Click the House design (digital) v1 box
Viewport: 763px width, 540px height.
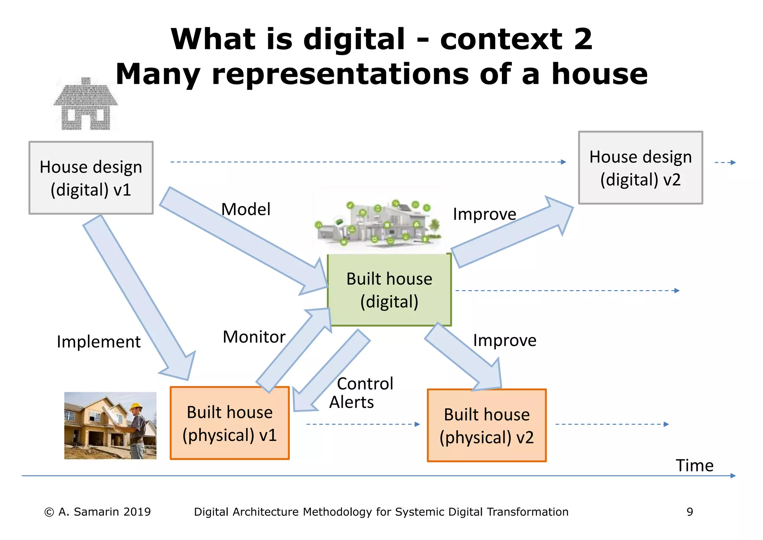(x=91, y=178)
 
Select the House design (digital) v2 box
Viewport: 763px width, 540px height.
(x=640, y=168)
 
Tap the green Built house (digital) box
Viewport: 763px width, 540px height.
(x=389, y=290)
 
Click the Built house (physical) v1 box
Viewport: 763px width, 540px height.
(x=229, y=423)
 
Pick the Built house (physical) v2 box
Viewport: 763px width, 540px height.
(x=487, y=426)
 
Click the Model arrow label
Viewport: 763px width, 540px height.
(x=246, y=209)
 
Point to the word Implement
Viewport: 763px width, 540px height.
(x=99, y=342)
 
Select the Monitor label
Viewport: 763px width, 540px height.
(x=254, y=337)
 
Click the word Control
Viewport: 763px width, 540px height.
(x=365, y=384)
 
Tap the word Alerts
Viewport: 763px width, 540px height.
(x=351, y=402)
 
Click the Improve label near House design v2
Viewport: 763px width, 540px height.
(x=484, y=214)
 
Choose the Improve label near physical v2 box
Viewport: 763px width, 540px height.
(x=504, y=340)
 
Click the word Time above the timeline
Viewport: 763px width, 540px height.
(x=694, y=465)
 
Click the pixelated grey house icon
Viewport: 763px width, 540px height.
(x=86, y=104)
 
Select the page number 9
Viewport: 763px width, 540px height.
(x=690, y=512)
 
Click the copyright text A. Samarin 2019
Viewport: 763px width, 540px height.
(x=98, y=512)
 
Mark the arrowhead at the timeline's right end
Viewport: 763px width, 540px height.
(x=733, y=475)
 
